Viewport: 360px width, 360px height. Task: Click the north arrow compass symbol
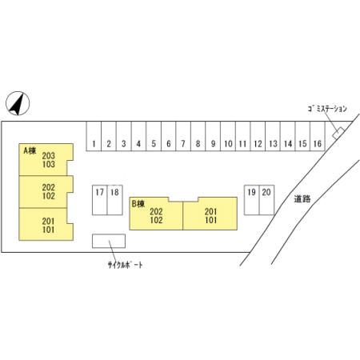[18, 103]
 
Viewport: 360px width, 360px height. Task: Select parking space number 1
[94, 136]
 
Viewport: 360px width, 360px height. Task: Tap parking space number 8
[198, 136]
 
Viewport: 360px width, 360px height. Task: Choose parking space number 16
[318, 136]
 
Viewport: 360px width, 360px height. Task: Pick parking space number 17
[100, 200]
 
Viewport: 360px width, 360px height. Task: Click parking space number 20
[266, 200]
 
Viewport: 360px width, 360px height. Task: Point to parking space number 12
[258, 136]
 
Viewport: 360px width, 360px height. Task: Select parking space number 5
[154, 136]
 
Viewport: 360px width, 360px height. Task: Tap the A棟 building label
[30, 150]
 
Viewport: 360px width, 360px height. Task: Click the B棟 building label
[138, 204]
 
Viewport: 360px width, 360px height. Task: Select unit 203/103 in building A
[46, 159]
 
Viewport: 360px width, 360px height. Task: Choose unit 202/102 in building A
[46, 192]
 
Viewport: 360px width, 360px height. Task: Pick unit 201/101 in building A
[46, 224]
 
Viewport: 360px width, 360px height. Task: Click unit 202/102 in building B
[156, 214]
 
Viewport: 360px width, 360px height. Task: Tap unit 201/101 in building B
[210, 214]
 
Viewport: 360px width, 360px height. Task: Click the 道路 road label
[302, 198]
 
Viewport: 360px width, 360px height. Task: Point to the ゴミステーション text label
[327, 109]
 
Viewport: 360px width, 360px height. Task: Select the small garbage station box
[338, 133]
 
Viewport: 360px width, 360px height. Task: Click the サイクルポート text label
[125, 265]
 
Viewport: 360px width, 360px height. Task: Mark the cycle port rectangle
[109, 241]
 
